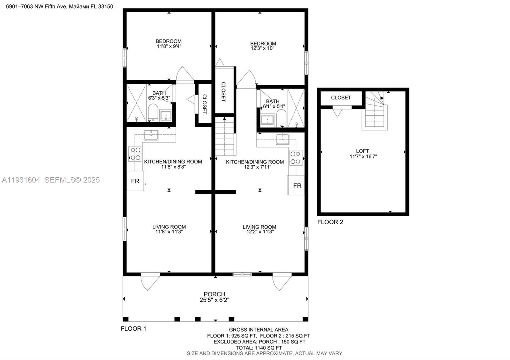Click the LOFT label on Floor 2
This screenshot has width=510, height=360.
click(x=362, y=151)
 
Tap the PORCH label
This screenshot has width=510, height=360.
click(x=215, y=294)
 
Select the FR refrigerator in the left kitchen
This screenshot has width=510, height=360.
click(x=135, y=181)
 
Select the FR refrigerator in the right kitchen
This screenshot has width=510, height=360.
click(x=297, y=185)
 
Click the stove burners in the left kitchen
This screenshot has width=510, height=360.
click(x=135, y=154)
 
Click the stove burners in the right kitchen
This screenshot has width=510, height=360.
click(x=295, y=157)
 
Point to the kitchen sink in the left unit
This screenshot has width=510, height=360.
click(x=151, y=135)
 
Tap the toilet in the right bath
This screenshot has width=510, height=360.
click(x=281, y=118)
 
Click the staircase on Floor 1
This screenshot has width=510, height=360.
click(x=225, y=136)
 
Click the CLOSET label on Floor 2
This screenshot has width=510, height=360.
click(x=341, y=98)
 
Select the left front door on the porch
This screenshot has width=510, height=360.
click(x=150, y=281)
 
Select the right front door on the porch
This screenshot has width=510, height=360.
click(x=282, y=281)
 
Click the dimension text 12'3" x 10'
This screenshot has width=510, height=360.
click(x=263, y=48)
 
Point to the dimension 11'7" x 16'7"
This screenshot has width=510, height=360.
click(x=363, y=156)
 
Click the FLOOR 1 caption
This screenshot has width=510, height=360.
click(x=133, y=328)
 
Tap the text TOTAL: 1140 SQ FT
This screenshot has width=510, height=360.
click(x=259, y=348)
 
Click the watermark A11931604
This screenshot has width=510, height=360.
click(x=21, y=180)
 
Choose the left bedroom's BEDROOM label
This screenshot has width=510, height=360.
click(x=169, y=41)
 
